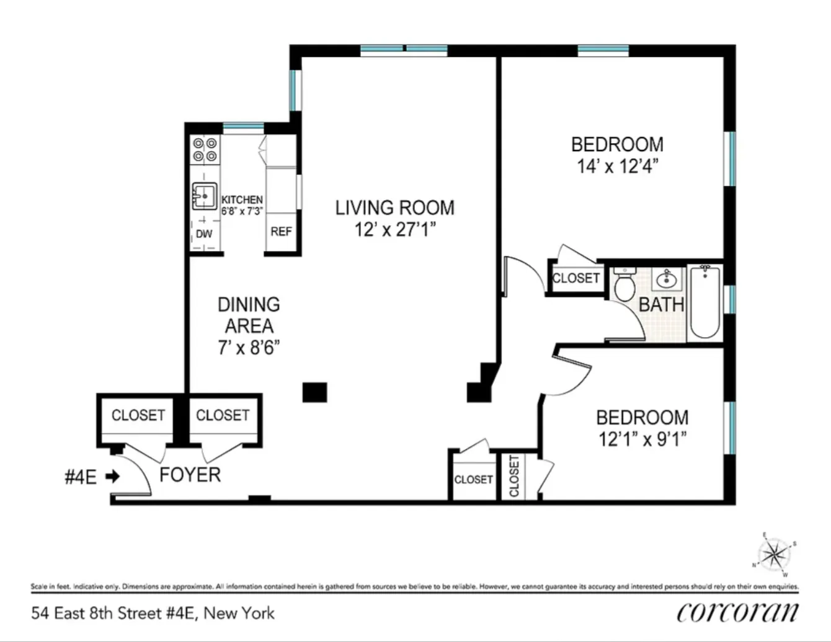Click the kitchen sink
tap(204, 195)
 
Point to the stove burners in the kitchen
tap(205, 149)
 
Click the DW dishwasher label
tap(204, 234)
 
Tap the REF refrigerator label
tap(281, 231)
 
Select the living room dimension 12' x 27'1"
tap(395, 229)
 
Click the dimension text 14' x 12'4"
tap(617, 166)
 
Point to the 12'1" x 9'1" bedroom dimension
tap(642, 439)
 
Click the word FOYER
tap(190, 475)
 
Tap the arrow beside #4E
tap(112, 477)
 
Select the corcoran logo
tap(737, 612)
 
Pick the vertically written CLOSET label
tap(513, 476)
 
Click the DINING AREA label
tap(249, 315)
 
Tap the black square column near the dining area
tap(314, 392)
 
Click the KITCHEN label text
tap(242, 200)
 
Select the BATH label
tap(661, 304)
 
